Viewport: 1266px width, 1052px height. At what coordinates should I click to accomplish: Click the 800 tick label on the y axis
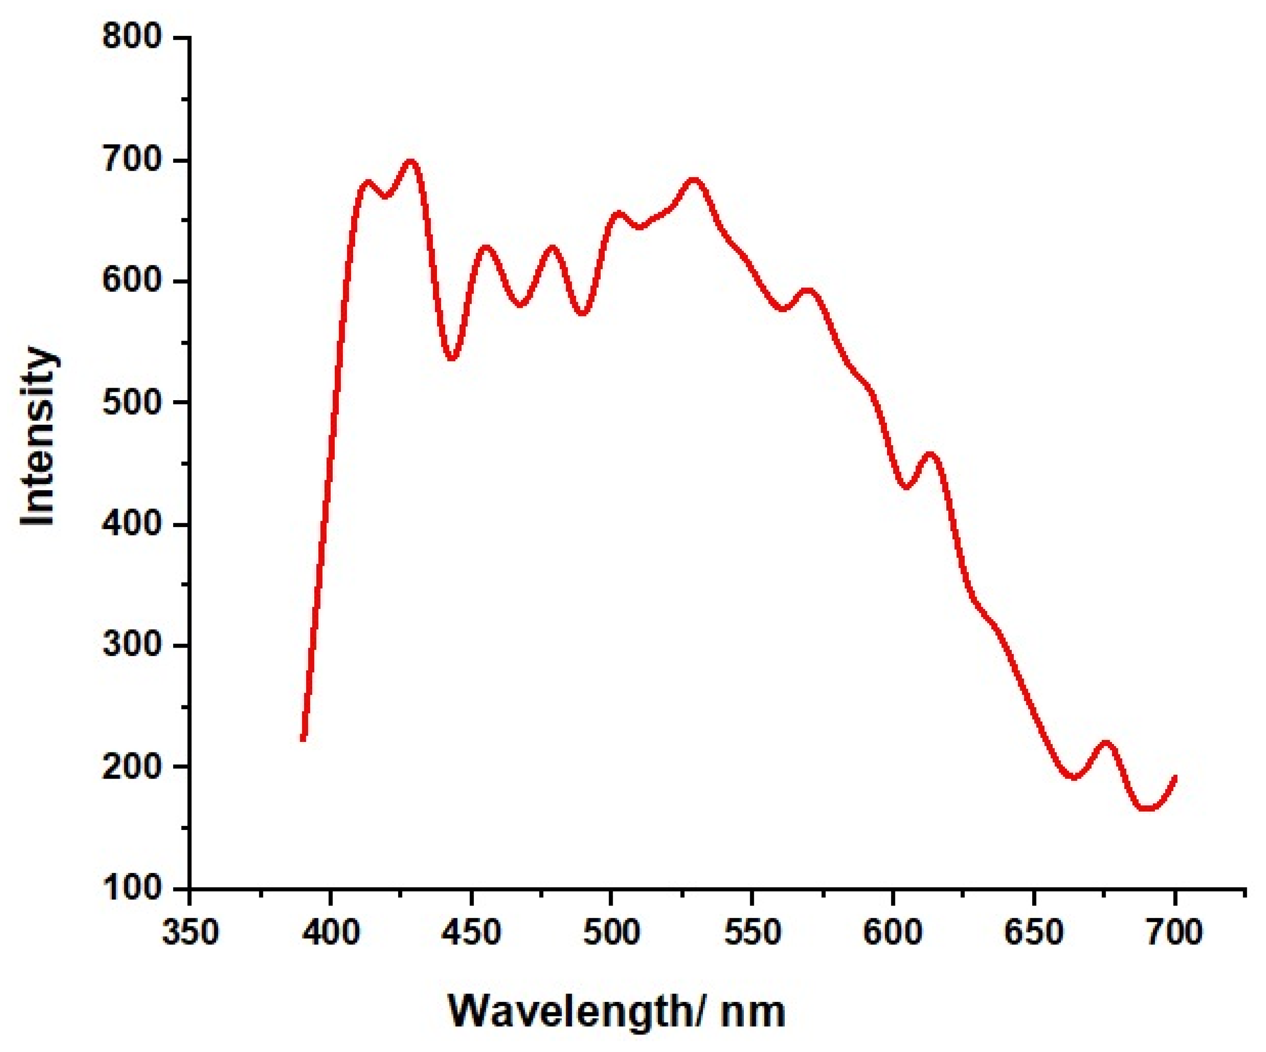[x=132, y=38]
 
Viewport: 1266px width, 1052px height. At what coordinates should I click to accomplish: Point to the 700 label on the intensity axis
[x=132, y=160]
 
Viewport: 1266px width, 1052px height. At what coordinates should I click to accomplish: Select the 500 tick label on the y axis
[x=132, y=402]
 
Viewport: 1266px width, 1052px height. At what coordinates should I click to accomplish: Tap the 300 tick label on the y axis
[x=132, y=645]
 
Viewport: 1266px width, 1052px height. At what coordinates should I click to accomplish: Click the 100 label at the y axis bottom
[x=132, y=888]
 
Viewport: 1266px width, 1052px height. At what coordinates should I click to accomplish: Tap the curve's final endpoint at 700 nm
[x=1174, y=777]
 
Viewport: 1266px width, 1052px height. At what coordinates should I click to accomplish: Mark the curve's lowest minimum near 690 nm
[x=1147, y=808]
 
